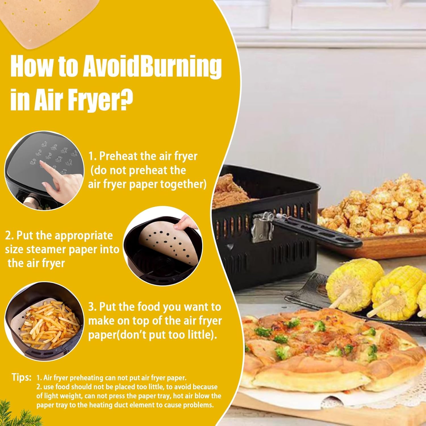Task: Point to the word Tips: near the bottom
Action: pyautogui.click(x=21, y=377)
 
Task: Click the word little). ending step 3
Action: pyautogui.click(x=202, y=335)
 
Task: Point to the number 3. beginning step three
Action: pyautogui.click(x=93, y=307)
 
